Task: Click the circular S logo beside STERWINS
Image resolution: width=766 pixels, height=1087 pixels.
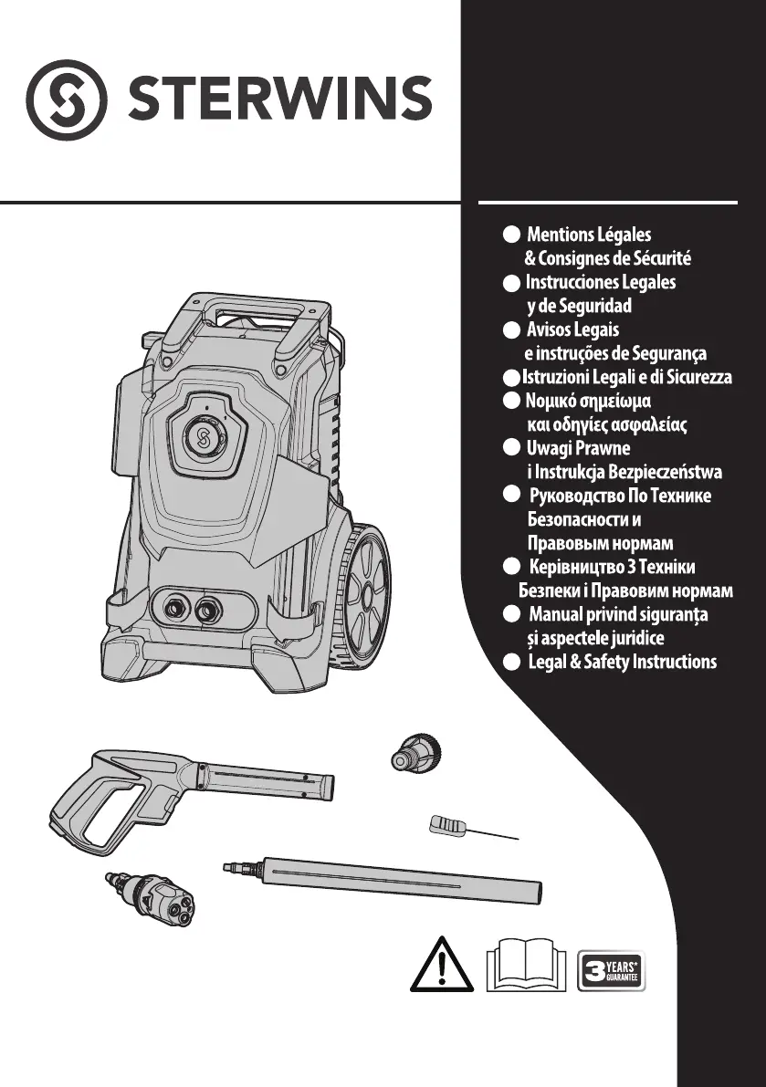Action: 67,99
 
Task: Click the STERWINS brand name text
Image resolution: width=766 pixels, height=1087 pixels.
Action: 280,98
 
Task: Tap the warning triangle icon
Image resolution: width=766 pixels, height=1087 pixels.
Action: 442,965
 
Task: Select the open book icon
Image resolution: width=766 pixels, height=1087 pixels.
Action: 526,965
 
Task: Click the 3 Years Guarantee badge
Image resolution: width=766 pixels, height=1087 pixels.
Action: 612,970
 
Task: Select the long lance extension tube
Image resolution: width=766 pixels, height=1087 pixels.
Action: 382,881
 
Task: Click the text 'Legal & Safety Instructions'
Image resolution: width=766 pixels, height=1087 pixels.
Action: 622,662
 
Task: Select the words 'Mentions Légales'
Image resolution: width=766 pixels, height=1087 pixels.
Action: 589,235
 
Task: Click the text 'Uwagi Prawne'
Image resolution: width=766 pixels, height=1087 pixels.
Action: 578,448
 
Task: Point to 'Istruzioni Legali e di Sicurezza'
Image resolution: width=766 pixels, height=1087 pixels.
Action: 626,377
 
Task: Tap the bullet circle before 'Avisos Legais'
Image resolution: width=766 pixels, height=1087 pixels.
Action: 511,330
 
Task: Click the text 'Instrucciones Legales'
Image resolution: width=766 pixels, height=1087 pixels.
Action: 601,282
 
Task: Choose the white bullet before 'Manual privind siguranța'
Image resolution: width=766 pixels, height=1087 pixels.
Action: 511,613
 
